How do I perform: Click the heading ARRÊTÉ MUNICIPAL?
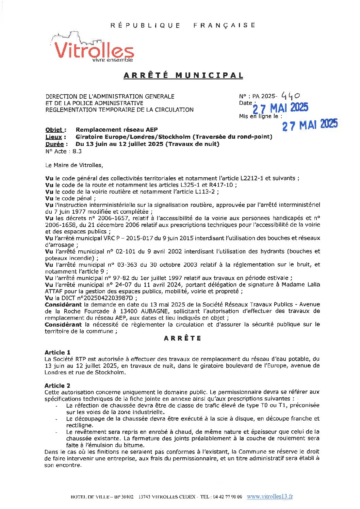tap(183, 75)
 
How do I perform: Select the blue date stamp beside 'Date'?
tap(280, 108)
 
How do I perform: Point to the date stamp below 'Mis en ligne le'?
tap(310, 125)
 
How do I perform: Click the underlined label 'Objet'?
tap(54, 130)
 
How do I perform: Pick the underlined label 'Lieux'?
tap(54, 137)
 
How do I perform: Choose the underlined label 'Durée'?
tap(54, 144)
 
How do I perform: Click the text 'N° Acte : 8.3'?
tap(63, 151)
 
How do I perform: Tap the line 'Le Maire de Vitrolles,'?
tap(74, 165)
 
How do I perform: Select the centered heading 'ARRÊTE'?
tap(182, 338)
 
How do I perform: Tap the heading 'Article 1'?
tap(58, 352)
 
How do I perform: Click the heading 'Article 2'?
tap(58, 385)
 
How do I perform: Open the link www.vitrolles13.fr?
tap(269, 496)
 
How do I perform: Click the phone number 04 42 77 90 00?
tap(227, 497)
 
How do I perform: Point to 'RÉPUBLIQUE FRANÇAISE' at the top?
tap(183, 25)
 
